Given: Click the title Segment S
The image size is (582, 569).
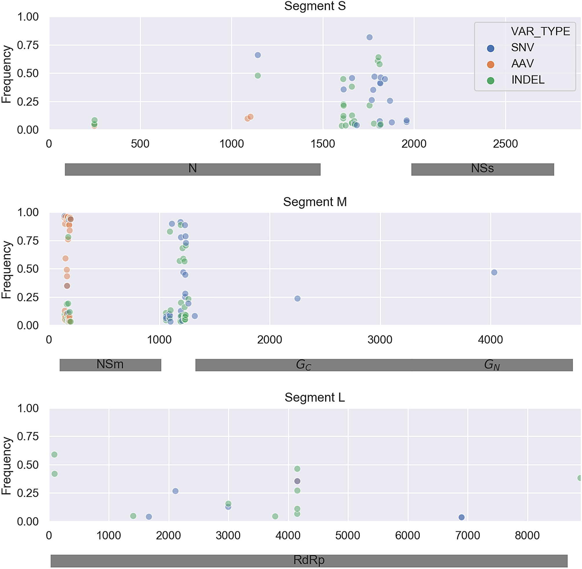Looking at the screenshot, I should (315, 6).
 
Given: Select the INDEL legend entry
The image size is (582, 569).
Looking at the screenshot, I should (527, 80).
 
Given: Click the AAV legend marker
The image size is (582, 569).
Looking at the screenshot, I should (490, 64).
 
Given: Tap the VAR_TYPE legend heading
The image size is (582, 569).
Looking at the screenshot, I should (540, 31).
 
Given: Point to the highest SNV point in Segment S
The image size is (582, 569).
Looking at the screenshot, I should (369, 37).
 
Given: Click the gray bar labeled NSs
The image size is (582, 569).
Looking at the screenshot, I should (482, 169).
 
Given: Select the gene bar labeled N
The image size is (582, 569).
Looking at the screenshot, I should (193, 169).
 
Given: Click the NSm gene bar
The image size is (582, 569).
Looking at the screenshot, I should (110, 365).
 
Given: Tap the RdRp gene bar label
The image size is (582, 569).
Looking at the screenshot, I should (308, 560).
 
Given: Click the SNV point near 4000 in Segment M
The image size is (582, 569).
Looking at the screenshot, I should (494, 272).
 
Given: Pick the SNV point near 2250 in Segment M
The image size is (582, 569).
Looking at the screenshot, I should (297, 298).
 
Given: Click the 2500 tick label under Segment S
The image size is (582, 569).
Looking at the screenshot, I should (505, 144).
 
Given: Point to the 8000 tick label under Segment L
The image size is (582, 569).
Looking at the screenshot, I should (527, 535).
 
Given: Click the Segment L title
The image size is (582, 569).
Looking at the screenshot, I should (315, 398).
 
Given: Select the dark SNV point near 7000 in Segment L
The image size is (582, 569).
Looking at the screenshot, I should (461, 517).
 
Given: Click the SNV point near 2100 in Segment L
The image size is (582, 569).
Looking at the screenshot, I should (175, 491).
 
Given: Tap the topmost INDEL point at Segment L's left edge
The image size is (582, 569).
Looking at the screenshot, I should (54, 454).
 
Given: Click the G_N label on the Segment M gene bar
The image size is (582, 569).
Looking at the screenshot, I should (491, 365).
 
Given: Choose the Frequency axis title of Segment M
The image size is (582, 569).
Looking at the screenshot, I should (6, 269).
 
